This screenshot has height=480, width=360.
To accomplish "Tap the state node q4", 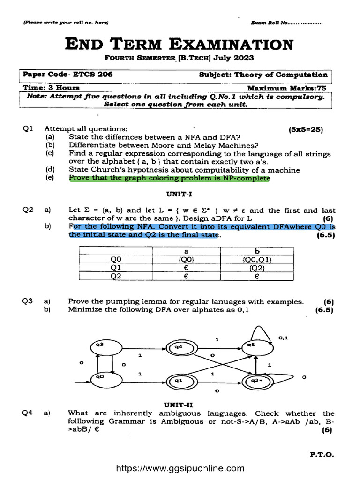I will pyautogui.click(x=178, y=347).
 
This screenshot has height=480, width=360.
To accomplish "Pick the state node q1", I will pyautogui.click(x=178, y=381).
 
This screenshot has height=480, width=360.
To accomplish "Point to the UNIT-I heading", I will pyautogui.click(x=177, y=193).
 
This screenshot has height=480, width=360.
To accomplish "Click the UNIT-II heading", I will pyautogui.click(x=178, y=404).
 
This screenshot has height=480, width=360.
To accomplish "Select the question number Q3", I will pyautogui.click(x=27, y=301).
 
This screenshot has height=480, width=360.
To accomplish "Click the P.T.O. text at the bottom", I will pyautogui.click(x=322, y=454).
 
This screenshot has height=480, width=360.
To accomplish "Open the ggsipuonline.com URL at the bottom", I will pyautogui.click(x=180, y=468).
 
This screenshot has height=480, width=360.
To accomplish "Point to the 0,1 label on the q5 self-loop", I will pyautogui.click(x=284, y=337).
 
